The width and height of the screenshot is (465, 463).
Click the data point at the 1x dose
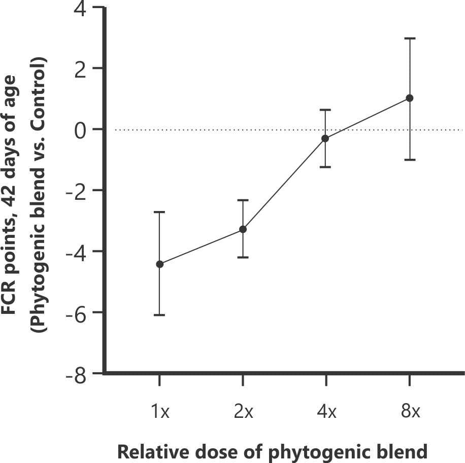pos(160,264)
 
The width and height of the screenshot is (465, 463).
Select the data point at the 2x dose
pos(243,229)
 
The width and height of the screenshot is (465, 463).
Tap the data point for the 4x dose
pos(325,138)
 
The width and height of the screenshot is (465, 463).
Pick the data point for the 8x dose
pos(410,98)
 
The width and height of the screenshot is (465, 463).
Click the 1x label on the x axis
pos(160,411)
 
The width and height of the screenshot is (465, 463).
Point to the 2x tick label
pos(244,411)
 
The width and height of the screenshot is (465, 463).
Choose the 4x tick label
pos(326,411)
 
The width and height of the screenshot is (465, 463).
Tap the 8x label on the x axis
pos(410,411)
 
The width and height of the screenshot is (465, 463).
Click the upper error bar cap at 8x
pos(410,38)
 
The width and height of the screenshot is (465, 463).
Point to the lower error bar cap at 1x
pos(160,315)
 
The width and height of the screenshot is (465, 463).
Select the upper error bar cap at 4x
pos(325,110)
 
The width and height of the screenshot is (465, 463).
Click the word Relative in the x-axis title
pos(148,451)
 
